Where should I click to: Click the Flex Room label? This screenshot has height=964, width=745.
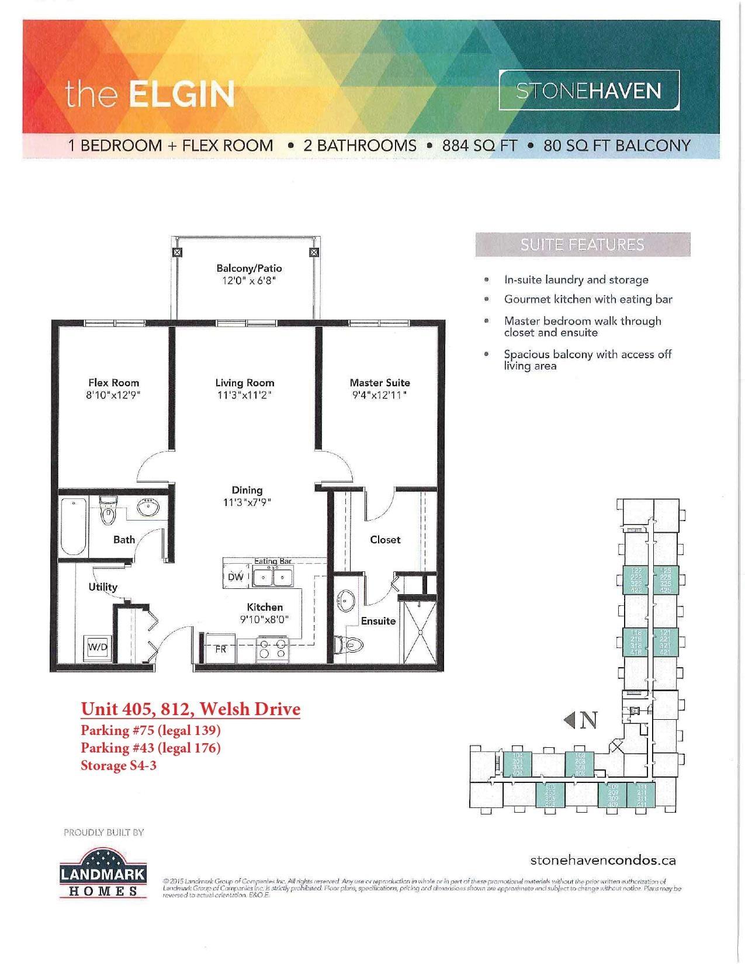click(114, 383)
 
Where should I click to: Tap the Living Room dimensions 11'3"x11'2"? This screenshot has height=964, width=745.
click(244, 396)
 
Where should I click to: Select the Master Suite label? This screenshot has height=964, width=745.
click(380, 383)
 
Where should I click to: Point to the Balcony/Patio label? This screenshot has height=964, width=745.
click(249, 269)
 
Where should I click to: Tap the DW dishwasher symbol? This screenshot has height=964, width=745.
click(236, 577)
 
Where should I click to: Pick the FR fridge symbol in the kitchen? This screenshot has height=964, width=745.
click(220, 649)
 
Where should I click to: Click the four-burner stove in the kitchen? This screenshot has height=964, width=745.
click(272, 649)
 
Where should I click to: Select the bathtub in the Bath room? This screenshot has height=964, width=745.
click(74, 526)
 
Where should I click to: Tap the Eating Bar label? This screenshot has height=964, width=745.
click(273, 561)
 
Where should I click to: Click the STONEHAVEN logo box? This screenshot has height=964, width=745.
click(589, 91)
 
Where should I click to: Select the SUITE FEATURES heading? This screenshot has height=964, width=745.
click(583, 245)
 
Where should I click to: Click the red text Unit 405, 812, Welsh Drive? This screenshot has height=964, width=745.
click(190, 709)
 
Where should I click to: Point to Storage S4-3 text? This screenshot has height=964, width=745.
click(119, 765)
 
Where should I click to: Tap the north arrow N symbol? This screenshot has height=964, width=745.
click(581, 720)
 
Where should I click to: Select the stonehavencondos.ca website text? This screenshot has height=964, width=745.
click(603, 860)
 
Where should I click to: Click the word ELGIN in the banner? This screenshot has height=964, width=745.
click(182, 93)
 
